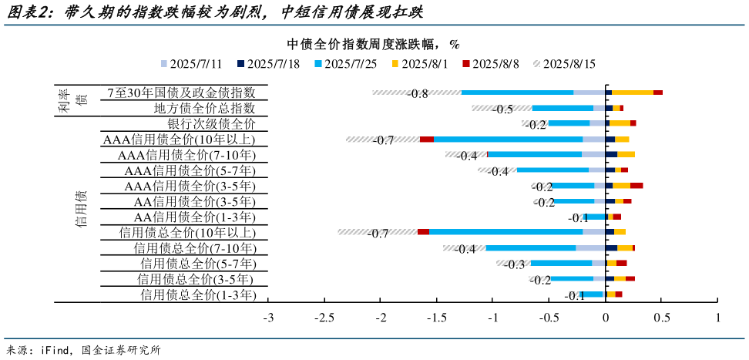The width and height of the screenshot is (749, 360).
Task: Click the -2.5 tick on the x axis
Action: coord(324,318)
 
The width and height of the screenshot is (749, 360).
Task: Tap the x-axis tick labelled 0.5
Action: coord(662,318)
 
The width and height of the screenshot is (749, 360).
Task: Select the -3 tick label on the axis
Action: coord(268,318)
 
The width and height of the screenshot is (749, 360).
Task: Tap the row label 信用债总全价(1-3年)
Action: coord(197,294)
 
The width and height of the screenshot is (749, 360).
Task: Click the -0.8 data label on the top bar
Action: coord(418,93)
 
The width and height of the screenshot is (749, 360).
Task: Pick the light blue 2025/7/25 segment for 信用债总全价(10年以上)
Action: coord(505,231)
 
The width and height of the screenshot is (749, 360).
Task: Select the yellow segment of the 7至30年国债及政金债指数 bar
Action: coord(632,93)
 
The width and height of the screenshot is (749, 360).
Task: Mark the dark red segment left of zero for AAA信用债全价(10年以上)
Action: coord(426,139)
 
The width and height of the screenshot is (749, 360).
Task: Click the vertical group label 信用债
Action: coord(81,209)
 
